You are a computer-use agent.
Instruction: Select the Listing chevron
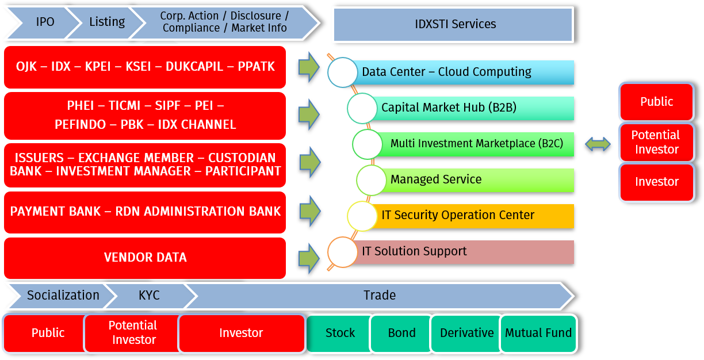(x=107, y=22)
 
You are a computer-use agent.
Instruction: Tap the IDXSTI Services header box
(x=454, y=24)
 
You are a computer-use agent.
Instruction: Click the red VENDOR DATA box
(x=145, y=258)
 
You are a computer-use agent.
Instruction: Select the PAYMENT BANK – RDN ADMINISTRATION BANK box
(x=145, y=212)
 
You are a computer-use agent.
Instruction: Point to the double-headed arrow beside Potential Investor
(x=598, y=144)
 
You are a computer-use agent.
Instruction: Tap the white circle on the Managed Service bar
(x=371, y=180)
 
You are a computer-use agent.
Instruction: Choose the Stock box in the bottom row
(x=339, y=333)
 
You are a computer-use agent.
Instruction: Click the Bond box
(x=401, y=333)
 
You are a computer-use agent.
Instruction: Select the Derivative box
(x=466, y=333)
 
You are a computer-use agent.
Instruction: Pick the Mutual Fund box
(x=538, y=333)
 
